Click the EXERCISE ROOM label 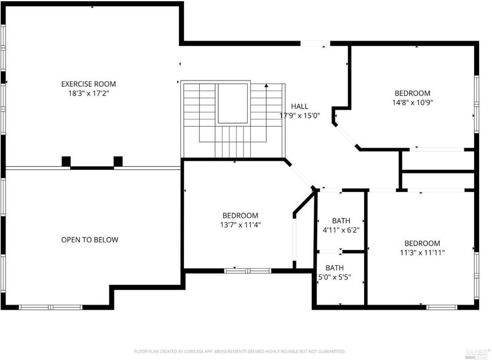(89, 84)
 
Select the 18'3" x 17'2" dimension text (89, 93)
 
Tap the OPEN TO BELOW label (90, 240)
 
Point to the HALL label (300, 106)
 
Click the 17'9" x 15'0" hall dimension (300, 116)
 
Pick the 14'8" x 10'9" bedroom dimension (413, 102)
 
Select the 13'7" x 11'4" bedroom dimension (240, 225)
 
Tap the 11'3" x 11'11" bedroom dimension (423, 252)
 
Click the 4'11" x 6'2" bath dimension (341, 230)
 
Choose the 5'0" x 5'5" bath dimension (335, 277)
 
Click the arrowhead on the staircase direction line (266, 85)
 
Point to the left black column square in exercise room (66, 161)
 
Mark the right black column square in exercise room (118, 161)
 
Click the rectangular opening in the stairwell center (233, 103)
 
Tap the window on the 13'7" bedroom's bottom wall (248, 271)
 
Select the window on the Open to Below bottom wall (50, 307)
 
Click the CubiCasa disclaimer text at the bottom (240, 351)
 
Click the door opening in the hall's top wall (315, 44)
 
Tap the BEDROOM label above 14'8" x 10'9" (412, 93)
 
